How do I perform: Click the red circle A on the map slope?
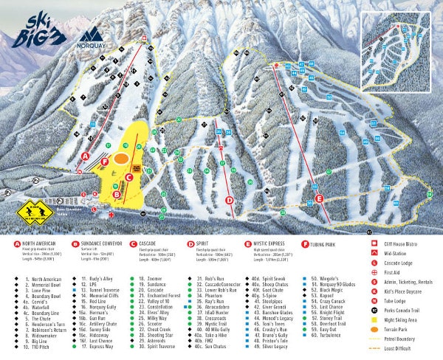click(86, 156)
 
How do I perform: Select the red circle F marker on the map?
click(106, 161)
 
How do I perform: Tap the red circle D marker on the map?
click(229, 200)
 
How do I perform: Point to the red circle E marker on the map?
click(319, 198)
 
